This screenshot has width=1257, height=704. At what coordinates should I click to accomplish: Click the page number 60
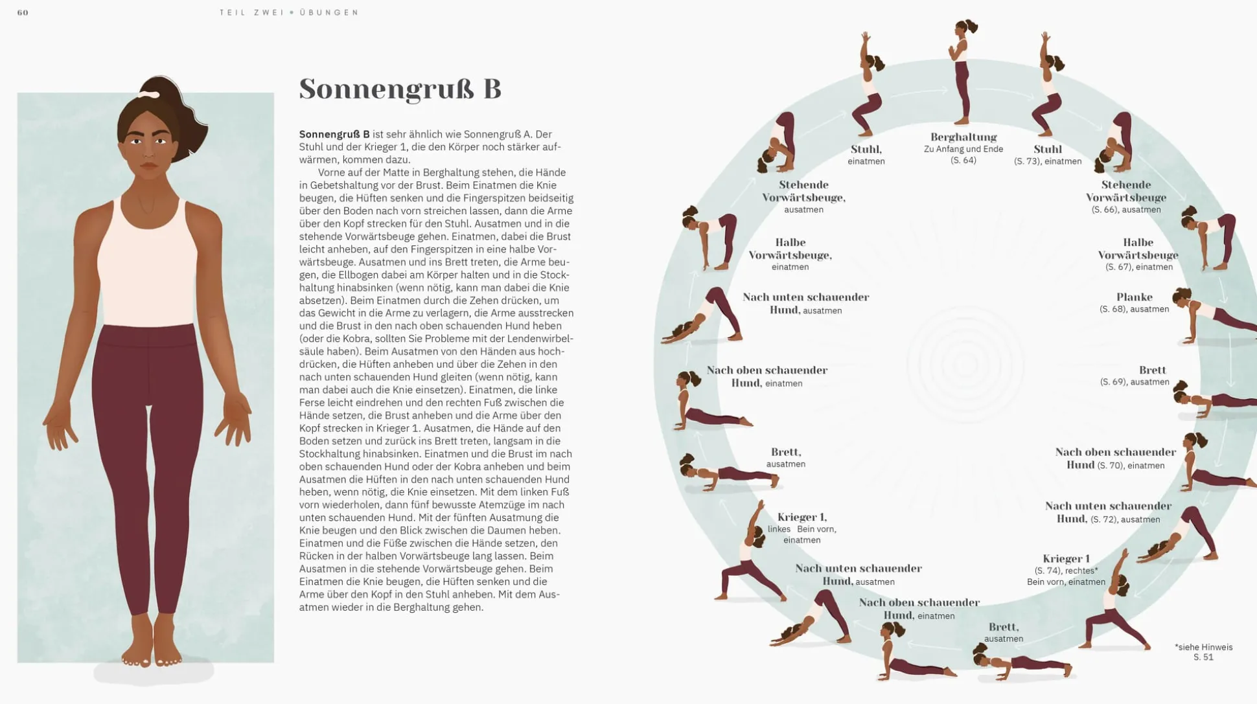[x=23, y=12]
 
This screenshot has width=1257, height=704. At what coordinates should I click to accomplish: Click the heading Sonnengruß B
[x=400, y=89]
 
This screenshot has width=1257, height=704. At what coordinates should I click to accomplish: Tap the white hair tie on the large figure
[x=150, y=95]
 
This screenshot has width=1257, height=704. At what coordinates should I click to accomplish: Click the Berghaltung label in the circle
[x=963, y=137]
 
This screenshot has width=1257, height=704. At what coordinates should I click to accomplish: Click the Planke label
[x=1134, y=297]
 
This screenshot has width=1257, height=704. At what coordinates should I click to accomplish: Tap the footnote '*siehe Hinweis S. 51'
[x=1203, y=652]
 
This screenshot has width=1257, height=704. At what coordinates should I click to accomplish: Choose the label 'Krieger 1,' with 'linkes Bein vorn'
[x=802, y=517]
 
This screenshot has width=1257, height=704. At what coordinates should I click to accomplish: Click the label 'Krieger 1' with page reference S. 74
[x=1066, y=559]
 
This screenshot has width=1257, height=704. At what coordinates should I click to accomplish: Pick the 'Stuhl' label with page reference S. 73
[x=1048, y=150]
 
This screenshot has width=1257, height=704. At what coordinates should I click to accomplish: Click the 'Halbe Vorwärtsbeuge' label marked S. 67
[x=1138, y=249]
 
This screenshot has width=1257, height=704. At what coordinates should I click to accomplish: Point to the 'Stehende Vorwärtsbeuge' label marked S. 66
[x=1126, y=191]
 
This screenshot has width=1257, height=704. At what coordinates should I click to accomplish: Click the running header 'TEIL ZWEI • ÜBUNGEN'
[x=289, y=12]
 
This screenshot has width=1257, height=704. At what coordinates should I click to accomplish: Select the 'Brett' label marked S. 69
[x=1152, y=370]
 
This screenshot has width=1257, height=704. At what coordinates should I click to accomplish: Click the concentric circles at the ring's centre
[x=965, y=364]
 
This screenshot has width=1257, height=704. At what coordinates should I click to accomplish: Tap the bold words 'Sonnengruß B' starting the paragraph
[x=334, y=134]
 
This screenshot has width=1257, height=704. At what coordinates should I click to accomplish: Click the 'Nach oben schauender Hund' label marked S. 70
[x=1115, y=452]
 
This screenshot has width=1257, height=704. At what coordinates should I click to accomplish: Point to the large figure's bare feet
[x=152, y=644]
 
